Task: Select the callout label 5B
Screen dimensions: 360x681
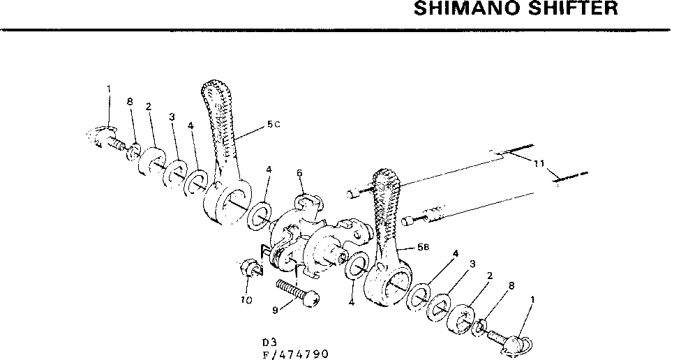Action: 422,247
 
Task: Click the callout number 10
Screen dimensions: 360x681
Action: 246,300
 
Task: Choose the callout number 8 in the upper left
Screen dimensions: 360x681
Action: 130,102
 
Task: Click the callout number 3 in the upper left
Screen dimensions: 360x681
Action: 170,117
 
